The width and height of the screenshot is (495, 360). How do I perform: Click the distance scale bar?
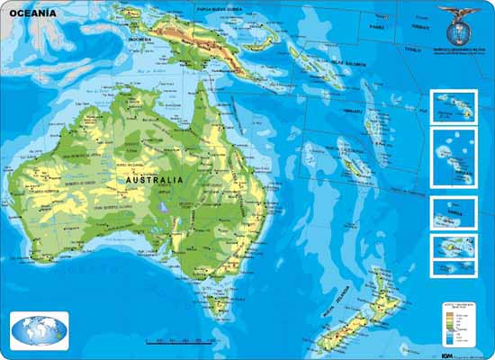180,339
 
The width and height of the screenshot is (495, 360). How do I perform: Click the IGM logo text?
446,353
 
